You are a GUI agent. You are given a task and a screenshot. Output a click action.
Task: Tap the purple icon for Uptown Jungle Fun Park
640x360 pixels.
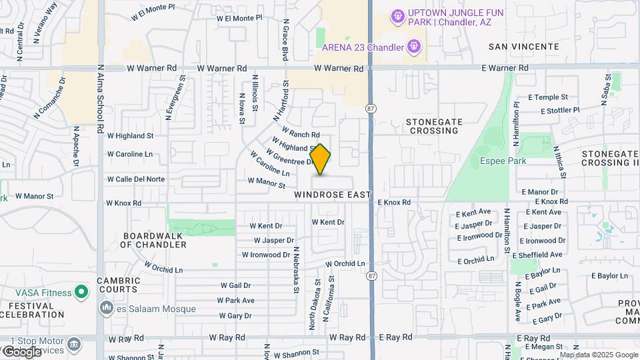[x=398, y=15]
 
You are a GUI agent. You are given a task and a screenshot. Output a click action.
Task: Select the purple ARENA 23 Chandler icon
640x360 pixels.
[x=414, y=47]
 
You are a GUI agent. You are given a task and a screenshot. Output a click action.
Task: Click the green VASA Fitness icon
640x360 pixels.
[x=81, y=291]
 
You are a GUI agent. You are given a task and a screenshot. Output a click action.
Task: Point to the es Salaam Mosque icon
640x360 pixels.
[x=106, y=308]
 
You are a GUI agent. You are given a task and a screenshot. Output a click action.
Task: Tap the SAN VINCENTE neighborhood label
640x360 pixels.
[x=523, y=47]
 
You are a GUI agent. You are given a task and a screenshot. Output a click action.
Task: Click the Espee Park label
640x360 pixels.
[x=503, y=161]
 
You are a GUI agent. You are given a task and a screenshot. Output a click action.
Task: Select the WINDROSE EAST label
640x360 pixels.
[x=332, y=195]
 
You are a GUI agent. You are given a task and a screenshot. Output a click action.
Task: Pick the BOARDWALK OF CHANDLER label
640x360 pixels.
[x=153, y=240]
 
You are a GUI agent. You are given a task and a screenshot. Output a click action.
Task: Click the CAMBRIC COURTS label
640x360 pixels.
[x=118, y=285]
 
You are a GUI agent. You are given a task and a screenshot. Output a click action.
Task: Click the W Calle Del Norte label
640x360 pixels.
[x=136, y=179]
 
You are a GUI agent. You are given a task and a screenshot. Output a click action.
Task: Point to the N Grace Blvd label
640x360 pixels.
[x=285, y=40]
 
